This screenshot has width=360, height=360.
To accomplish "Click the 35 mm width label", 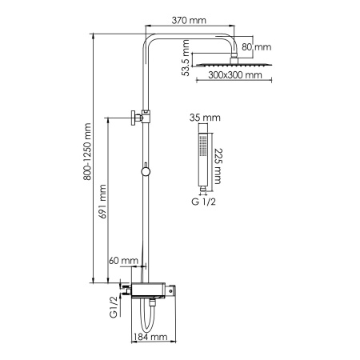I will [201, 118].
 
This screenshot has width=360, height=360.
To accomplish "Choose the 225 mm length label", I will [218, 166].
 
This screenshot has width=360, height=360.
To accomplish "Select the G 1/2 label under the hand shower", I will [202, 202].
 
